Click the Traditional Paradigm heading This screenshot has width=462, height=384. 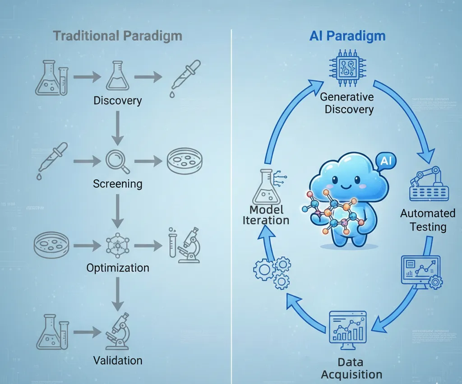coord(117,36)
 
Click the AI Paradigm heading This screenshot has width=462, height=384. coord(347,36)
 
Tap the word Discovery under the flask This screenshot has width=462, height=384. coord(117,100)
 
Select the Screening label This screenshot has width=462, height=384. coord(117,184)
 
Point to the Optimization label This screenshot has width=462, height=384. coord(117,268)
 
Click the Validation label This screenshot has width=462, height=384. coord(117,360)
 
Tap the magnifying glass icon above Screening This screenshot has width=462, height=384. coord(117,162)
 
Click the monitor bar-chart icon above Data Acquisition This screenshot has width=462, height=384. coord(348,330)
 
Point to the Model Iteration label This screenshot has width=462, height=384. coord(266,215)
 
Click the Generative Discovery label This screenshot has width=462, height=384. coord(347,103)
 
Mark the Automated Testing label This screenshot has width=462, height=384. coord(428,219)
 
